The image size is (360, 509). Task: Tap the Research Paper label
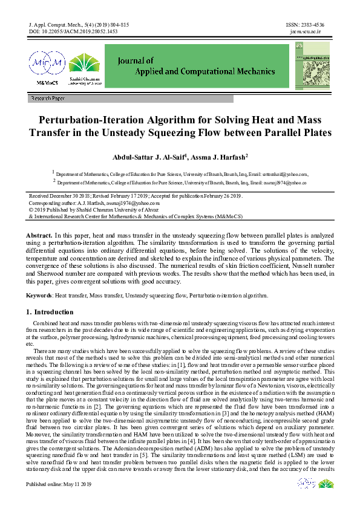coord(47,98)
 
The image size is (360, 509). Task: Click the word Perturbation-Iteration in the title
coord(99,120)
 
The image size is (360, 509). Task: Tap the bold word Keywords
coord(39,296)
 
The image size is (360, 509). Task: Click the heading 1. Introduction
coord(50,312)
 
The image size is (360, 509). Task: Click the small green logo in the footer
coord(325,485)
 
